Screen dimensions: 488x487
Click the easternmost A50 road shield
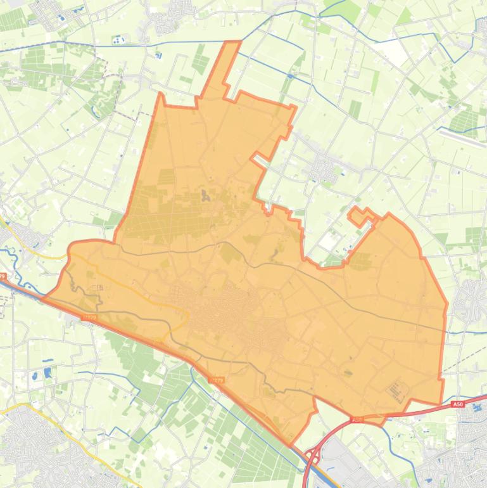coord(458,404)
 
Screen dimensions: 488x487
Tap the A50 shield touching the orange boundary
coord(357,420)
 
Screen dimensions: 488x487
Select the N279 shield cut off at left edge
coord(3,277)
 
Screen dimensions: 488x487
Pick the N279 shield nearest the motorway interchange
coord(216,380)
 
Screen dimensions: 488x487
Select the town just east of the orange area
coord(472,298)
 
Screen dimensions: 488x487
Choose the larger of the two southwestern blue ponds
coord(48,373)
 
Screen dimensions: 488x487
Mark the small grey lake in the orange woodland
coord(204,196)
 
